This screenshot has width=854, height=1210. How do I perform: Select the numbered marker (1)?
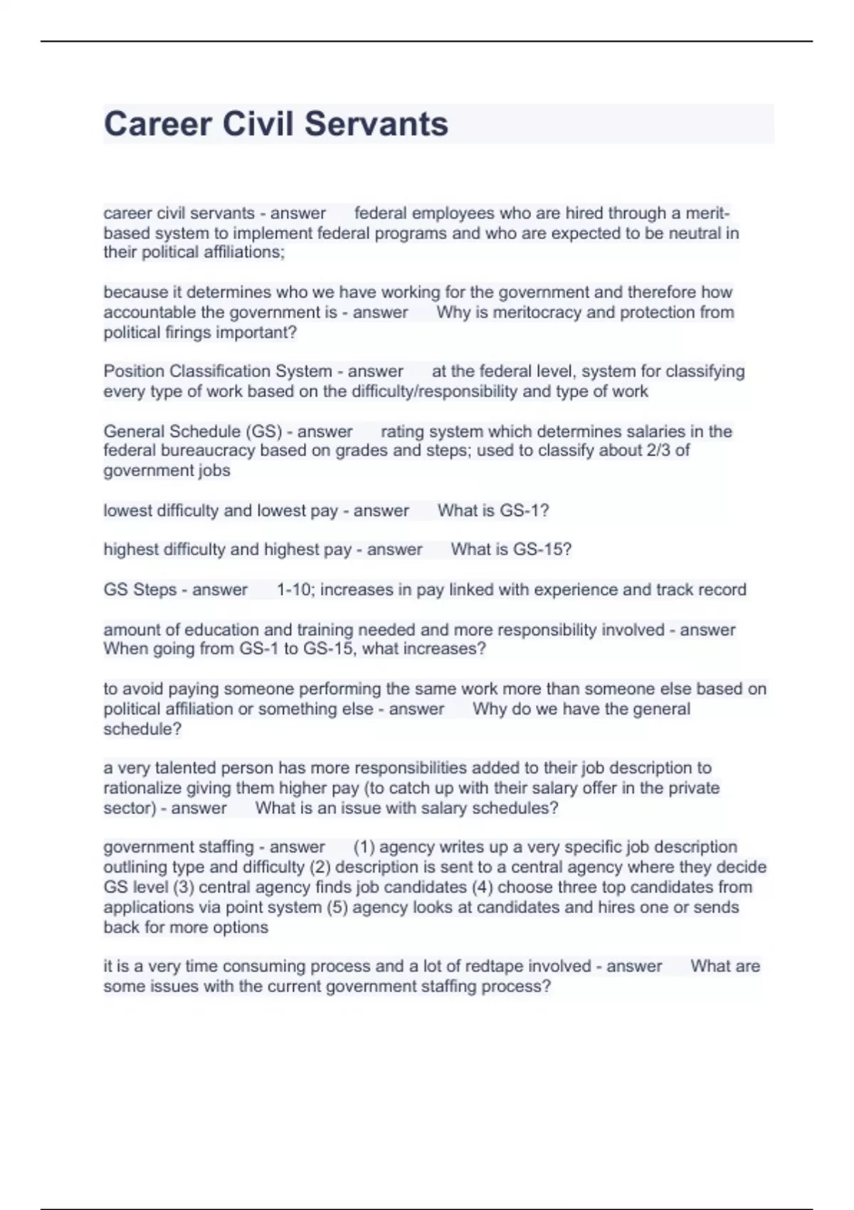click(x=364, y=847)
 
